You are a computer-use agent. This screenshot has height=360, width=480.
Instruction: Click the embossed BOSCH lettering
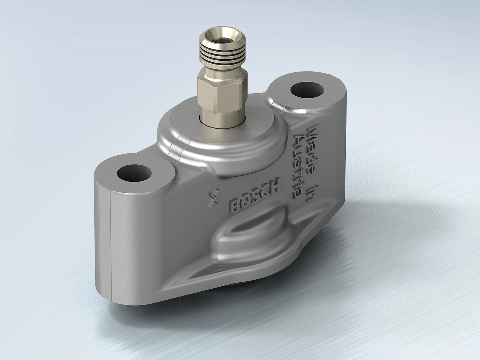click(255, 195)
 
